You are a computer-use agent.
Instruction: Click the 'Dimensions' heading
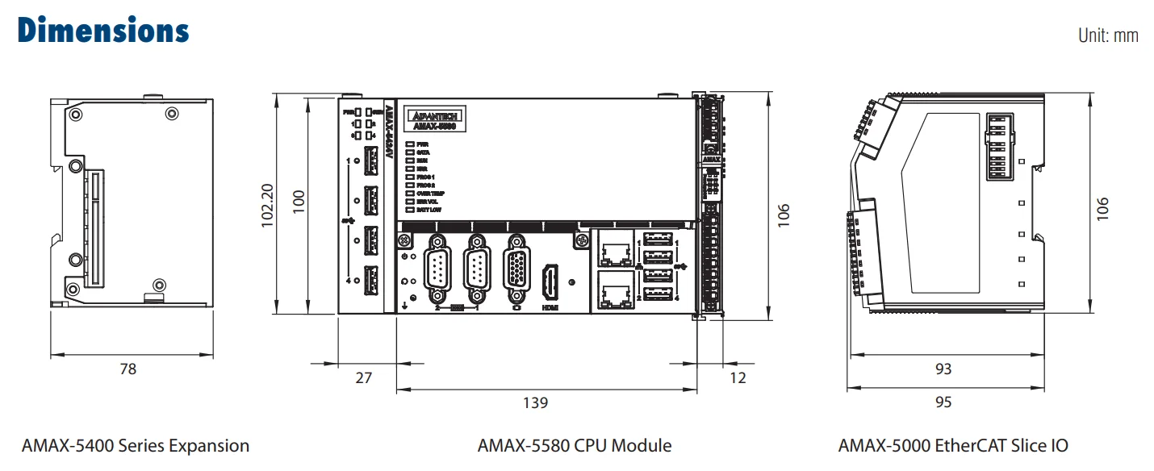[x=103, y=30]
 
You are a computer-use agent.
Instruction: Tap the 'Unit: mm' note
[x=1108, y=35]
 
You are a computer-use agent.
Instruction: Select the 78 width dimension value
[x=128, y=369]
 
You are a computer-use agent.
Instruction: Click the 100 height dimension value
[x=299, y=205]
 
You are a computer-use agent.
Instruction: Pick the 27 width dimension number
[x=364, y=377]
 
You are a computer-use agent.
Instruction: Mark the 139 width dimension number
[x=536, y=402]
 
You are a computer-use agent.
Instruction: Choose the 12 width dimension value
[x=737, y=377]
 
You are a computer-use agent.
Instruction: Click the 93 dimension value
[x=943, y=369]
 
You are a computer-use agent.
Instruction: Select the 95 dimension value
[x=943, y=402]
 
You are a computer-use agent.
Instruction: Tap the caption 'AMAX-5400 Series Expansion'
[x=136, y=445]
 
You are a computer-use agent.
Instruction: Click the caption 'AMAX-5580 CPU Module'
[x=574, y=445]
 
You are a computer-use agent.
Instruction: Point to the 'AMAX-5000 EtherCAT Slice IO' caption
[x=953, y=445]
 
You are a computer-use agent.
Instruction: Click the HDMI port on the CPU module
[x=550, y=281]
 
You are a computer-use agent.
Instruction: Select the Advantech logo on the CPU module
[x=434, y=115]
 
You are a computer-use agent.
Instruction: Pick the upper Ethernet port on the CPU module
[x=617, y=252]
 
